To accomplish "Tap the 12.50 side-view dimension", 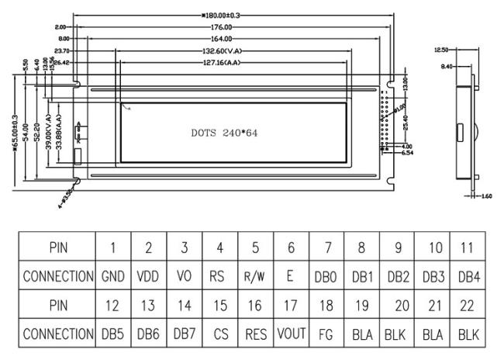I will pyautogui.click(x=440, y=50).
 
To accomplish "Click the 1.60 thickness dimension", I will pyautogui.click(x=487, y=196).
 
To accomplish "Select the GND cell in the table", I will pyautogui.click(x=113, y=275).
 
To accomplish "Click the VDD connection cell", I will pyautogui.click(x=148, y=275).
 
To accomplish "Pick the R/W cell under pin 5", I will pyautogui.click(x=255, y=275).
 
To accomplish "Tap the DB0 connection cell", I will pyautogui.click(x=326, y=275).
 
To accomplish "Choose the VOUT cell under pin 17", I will pyautogui.click(x=291, y=334).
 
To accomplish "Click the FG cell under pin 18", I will pyautogui.click(x=326, y=334).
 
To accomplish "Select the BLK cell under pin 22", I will pyautogui.click(x=468, y=334).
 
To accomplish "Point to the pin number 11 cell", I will pyautogui.click(x=468, y=247).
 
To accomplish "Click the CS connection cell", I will pyautogui.click(x=220, y=334).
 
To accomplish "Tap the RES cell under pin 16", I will pyautogui.click(x=255, y=334).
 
